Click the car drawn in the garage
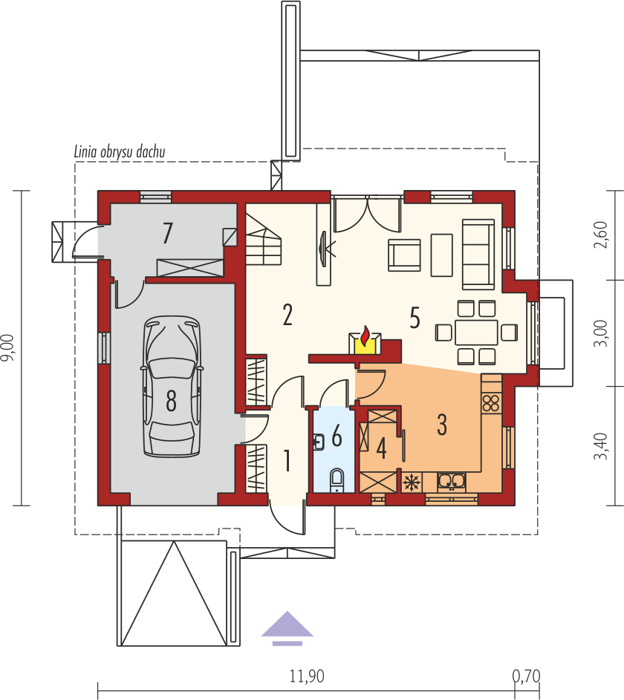click(x=171, y=387)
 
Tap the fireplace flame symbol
click(x=365, y=336)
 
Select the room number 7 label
click(x=167, y=233)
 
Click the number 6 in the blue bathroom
click(x=337, y=436)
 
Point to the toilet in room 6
click(x=337, y=480)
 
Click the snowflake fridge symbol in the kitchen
click(x=412, y=483)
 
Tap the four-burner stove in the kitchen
click(x=491, y=402)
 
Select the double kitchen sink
click(x=452, y=481)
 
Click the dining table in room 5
click(x=476, y=332)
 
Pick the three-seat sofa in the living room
click(x=478, y=254)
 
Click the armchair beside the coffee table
click(x=404, y=255)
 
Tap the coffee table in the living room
click(x=442, y=255)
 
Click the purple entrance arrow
click(x=287, y=628)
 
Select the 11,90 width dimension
click(x=307, y=676)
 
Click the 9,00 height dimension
click(x=9, y=347)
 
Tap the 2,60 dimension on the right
click(x=601, y=235)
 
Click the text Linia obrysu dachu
click(x=120, y=151)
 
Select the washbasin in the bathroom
click(x=319, y=442)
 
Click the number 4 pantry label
click(x=382, y=448)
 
